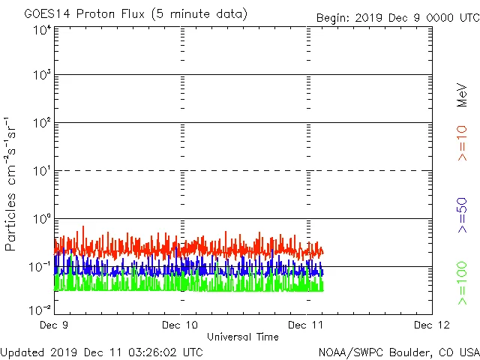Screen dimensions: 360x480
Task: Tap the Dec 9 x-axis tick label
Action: click(x=54, y=325)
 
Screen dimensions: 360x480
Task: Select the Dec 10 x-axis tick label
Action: click(x=181, y=325)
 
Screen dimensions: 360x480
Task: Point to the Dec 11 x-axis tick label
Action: click(x=307, y=325)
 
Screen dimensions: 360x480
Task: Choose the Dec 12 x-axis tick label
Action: click(x=432, y=325)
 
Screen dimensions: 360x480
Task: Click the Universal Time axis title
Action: click(x=242, y=337)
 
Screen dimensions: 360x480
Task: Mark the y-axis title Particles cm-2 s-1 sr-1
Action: click(x=11, y=184)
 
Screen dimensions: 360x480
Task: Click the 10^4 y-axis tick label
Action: click(x=42, y=30)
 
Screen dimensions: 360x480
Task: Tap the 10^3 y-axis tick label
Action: click(x=42, y=76)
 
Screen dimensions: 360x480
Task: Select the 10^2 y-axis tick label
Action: click(x=42, y=124)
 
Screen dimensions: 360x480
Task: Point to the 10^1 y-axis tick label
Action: click(x=42, y=172)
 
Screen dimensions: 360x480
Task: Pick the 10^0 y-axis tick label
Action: click(x=42, y=220)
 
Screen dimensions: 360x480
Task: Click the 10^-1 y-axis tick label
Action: click(x=40, y=267)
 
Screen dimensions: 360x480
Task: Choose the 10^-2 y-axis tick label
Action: click(x=40, y=309)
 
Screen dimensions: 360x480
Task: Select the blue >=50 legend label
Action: click(x=462, y=215)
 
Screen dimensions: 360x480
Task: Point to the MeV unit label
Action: click(x=462, y=94)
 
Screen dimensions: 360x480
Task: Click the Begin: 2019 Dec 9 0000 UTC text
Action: click(x=397, y=17)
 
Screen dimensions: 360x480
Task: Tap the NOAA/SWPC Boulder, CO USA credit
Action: click(x=398, y=351)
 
